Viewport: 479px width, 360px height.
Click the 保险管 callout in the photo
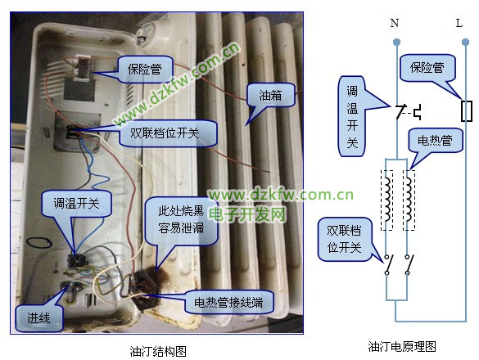click(x=145, y=70)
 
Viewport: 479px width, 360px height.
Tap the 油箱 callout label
click(x=271, y=95)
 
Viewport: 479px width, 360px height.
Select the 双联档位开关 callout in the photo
click(x=168, y=133)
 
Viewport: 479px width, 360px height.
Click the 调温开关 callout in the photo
click(x=76, y=204)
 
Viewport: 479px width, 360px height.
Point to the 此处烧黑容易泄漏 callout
click(x=181, y=220)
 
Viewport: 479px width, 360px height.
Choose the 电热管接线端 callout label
click(x=228, y=302)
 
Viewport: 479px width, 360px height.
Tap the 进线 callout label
click(x=39, y=318)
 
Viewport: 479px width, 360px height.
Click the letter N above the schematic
click(x=395, y=23)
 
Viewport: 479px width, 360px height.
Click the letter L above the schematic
click(x=459, y=23)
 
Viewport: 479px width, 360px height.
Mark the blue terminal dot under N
click(x=396, y=43)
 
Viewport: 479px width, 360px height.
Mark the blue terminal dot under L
click(x=466, y=43)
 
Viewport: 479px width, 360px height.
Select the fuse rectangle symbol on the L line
click(x=466, y=110)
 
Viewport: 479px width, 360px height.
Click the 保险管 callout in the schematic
click(x=427, y=68)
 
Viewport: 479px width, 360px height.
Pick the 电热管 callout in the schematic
click(x=435, y=141)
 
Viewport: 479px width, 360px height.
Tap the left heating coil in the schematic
click(x=387, y=200)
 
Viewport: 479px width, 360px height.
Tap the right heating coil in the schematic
click(x=409, y=200)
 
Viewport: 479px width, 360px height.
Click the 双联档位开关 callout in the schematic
click(x=344, y=240)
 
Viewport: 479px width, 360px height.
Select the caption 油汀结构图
click(x=158, y=351)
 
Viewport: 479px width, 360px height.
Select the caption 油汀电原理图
click(x=402, y=347)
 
